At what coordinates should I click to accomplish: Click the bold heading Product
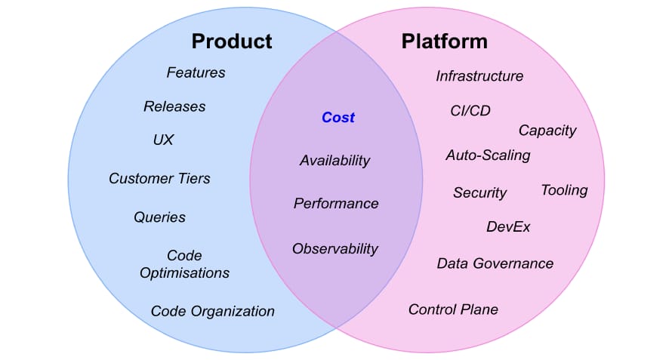click(x=232, y=42)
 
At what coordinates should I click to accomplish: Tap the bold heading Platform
click(x=445, y=42)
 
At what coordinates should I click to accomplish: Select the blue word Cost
click(x=338, y=118)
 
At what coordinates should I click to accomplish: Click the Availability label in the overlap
click(x=334, y=161)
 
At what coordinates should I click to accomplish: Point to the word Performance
click(x=336, y=203)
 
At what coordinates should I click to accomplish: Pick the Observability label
click(x=335, y=248)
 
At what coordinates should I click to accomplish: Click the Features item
click(x=196, y=72)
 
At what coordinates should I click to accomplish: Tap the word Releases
click(x=174, y=106)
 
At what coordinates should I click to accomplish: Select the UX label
click(x=163, y=140)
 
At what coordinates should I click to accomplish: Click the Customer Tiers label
click(x=159, y=178)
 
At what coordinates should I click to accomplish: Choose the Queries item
click(x=159, y=217)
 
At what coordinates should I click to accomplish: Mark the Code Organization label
click(x=213, y=311)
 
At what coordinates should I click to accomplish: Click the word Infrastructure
click(x=479, y=76)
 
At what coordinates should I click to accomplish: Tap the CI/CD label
click(x=470, y=111)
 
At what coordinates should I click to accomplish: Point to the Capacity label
click(x=547, y=131)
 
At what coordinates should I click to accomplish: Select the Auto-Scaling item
click(x=488, y=155)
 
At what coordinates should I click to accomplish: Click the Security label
click(x=480, y=193)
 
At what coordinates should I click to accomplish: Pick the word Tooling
click(x=565, y=190)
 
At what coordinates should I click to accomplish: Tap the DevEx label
click(x=508, y=226)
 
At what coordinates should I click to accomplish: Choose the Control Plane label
click(x=454, y=309)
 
